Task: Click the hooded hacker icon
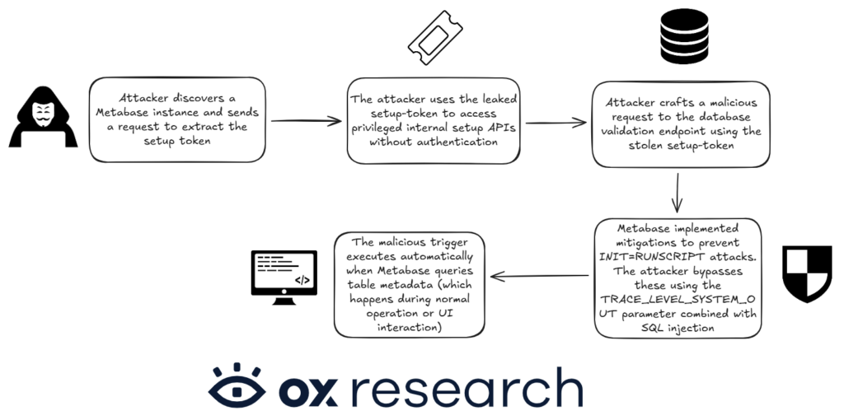(43, 117)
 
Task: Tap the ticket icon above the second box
(435, 38)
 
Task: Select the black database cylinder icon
(684, 36)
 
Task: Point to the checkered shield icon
(807, 274)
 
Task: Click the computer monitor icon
(284, 278)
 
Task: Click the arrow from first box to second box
(306, 121)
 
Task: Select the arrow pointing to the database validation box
(556, 124)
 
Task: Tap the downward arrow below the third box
(678, 193)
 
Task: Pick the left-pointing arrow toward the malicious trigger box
(539, 277)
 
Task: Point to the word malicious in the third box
(733, 103)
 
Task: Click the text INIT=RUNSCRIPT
(643, 257)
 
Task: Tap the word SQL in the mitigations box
(651, 328)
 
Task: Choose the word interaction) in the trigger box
(410, 327)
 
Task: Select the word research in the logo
(467, 387)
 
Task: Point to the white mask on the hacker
(43, 114)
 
